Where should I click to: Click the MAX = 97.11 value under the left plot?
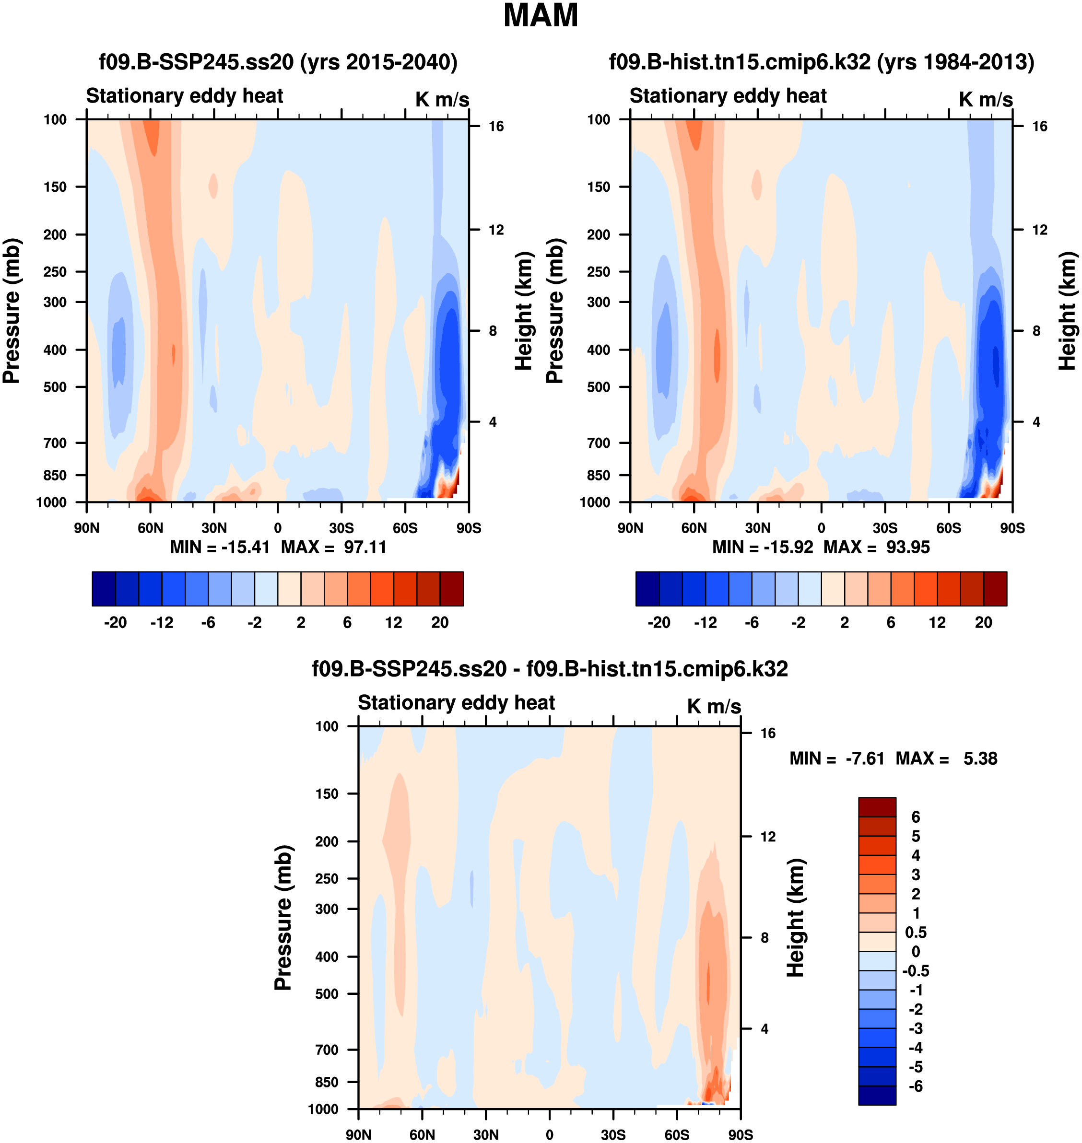(x=333, y=547)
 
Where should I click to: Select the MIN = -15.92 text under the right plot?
(x=763, y=547)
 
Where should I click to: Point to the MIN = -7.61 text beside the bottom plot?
(x=836, y=758)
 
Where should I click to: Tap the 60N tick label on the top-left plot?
(x=150, y=528)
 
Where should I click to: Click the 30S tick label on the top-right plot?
(x=885, y=528)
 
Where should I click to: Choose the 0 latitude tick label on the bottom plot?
(x=549, y=1135)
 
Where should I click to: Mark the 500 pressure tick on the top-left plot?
(x=55, y=387)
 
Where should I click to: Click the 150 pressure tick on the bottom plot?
(x=327, y=793)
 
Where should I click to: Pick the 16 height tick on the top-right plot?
(x=1039, y=126)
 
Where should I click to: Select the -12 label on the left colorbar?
(x=162, y=623)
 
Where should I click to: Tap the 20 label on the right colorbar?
(x=983, y=623)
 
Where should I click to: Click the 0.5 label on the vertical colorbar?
(x=916, y=933)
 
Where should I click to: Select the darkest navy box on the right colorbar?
(x=647, y=589)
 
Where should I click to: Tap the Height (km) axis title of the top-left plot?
(x=523, y=312)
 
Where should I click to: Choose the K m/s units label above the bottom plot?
(x=714, y=706)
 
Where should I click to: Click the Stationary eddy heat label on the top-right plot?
(x=728, y=96)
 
